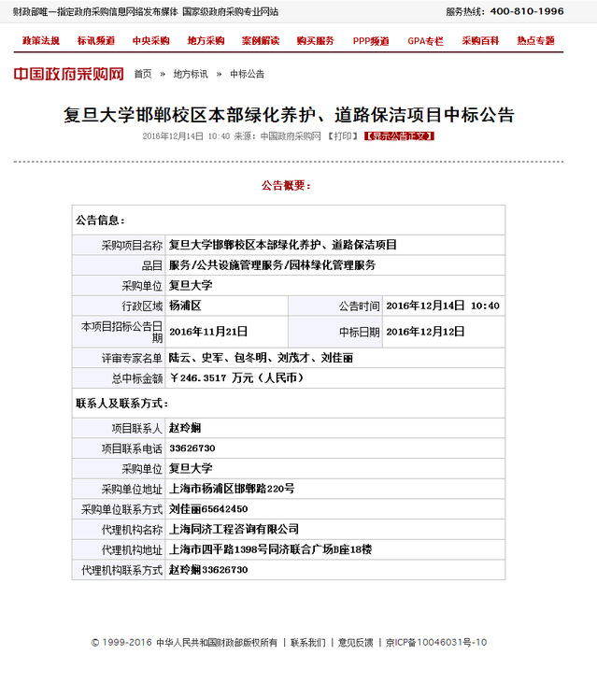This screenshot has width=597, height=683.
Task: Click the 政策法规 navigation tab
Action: (40, 41)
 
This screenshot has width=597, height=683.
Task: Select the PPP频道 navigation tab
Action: (371, 41)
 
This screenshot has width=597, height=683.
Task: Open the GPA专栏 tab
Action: (425, 41)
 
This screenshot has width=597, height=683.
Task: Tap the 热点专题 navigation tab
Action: (535, 41)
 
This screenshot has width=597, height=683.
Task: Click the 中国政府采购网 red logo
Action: (68, 74)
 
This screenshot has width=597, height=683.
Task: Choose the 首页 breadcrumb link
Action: (142, 74)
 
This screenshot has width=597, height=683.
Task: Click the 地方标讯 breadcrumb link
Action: (191, 74)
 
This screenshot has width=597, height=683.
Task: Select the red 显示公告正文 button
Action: (399, 136)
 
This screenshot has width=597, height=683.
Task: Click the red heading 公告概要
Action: (286, 185)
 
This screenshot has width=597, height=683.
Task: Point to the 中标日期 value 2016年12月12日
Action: (425, 332)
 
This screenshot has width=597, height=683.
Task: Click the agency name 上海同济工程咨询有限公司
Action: (234, 529)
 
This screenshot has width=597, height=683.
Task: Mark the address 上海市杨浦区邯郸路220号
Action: (232, 489)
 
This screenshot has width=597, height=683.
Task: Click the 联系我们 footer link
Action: (308, 643)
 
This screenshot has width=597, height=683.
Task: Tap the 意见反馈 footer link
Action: (355, 643)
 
